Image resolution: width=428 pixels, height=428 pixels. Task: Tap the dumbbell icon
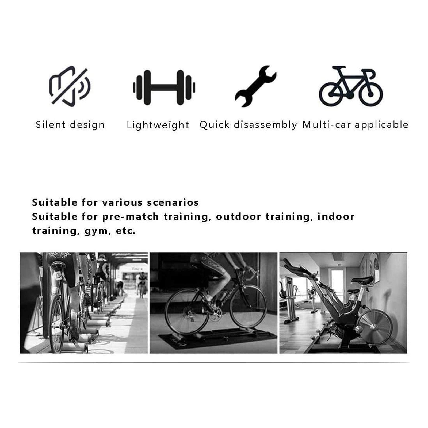click(164, 87)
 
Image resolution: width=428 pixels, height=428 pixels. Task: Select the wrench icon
click(255, 86)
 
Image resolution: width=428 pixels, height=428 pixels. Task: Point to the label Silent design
click(70, 125)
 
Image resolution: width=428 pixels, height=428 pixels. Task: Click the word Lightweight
click(158, 125)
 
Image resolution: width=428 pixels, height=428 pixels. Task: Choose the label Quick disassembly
click(248, 125)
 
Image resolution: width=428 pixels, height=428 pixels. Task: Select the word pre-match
click(131, 217)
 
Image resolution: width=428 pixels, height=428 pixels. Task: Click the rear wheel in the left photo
click(57, 323)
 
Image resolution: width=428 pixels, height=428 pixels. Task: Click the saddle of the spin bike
click(362, 280)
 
